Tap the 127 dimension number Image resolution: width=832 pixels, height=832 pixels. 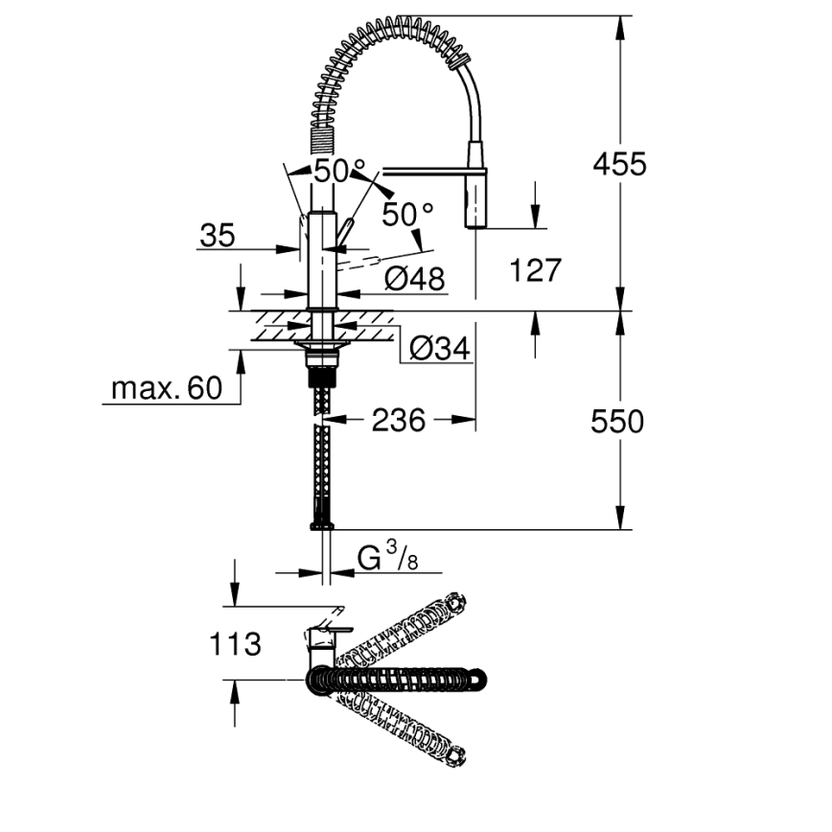click(534, 271)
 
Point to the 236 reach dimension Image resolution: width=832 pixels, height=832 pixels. click(398, 420)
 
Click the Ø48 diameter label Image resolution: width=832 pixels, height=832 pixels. click(414, 279)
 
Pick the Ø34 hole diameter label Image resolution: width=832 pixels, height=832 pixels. click(440, 350)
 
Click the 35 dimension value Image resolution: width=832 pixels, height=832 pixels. click(218, 236)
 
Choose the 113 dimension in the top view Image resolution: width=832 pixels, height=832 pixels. click(235, 643)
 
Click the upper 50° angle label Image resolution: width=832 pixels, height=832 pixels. click(340, 173)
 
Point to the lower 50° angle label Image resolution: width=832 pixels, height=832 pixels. click(407, 213)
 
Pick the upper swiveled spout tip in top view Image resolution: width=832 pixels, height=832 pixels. click(456, 603)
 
